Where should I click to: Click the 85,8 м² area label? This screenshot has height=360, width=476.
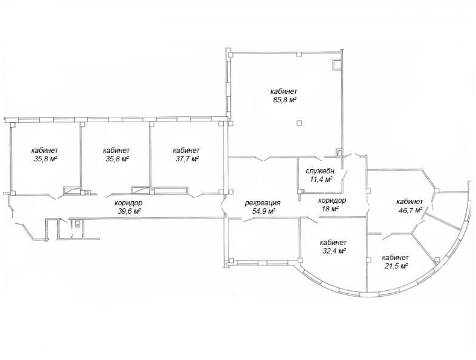284,100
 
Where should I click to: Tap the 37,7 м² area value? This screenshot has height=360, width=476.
187,158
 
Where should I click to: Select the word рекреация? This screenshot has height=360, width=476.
263,203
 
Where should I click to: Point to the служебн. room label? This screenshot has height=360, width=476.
321,171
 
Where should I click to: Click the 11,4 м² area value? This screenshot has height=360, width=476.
321,179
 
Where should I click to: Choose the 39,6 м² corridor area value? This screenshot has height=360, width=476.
129,211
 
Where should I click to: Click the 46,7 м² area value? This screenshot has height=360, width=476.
409,210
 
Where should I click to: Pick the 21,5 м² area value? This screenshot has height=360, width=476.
395,266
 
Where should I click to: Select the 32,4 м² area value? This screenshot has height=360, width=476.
333,251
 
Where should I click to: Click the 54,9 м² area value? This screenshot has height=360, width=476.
263,211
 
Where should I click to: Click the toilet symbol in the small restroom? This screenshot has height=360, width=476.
77,225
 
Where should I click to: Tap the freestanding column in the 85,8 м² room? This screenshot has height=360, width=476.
299,123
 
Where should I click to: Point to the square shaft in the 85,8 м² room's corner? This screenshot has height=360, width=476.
337,65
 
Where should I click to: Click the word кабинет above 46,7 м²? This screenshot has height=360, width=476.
410,202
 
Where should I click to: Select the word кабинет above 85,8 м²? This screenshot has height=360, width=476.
284,92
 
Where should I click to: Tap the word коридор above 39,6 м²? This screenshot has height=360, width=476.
128,203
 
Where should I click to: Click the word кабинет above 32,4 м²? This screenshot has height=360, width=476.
333,243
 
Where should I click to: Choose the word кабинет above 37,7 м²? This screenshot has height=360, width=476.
186,151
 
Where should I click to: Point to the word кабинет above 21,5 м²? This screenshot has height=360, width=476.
395,258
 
